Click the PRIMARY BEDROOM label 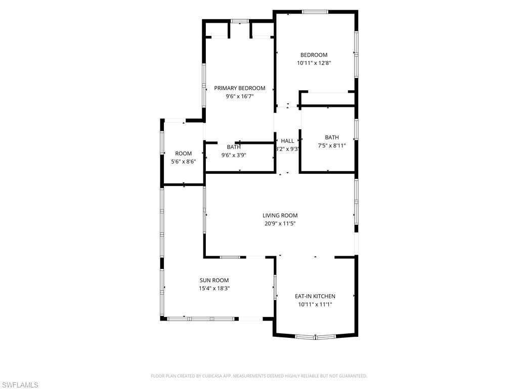coord(239,88)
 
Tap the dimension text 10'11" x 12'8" coord(314,63)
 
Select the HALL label coord(287,141)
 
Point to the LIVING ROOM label coord(280,215)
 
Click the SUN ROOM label coord(214,280)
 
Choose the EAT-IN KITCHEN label coord(315,296)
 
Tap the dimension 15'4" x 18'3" coord(214,288)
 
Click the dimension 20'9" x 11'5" coord(280,223)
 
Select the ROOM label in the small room coord(183,153)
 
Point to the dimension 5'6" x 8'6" coord(183,162)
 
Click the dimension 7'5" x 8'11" coord(332,145)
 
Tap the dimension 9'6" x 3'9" coord(233,155)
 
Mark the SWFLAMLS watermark coord(20,385)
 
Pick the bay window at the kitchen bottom coord(315,336)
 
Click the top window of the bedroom coord(315,12)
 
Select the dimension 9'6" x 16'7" coord(239,96)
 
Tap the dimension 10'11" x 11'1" coord(315,304)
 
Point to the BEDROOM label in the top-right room coord(314,55)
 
